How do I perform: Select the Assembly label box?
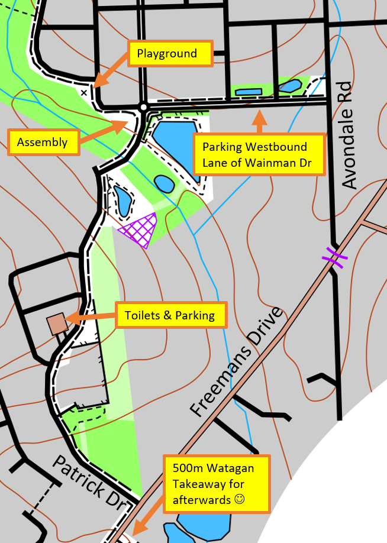pyautogui.click(x=42, y=143)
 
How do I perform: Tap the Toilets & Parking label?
pyautogui.click(x=170, y=316)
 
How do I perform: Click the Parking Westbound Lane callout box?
pyautogui.click(x=260, y=155)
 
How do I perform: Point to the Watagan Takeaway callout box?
pyautogui.click(x=216, y=484)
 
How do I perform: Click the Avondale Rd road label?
pyautogui.click(x=350, y=135)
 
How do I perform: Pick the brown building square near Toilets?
pyautogui.click(x=57, y=324)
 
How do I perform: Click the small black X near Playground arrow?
pyautogui.click(x=84, y=92)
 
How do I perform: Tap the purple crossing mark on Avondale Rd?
pyautogui.click(x=333, y=257)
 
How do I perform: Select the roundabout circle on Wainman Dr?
pyautogui.click(x=143, y=107)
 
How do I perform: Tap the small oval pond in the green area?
pyautogui.click(x=163, y=183)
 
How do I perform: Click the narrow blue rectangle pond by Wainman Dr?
pyautogui.click(x=249, y=92)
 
